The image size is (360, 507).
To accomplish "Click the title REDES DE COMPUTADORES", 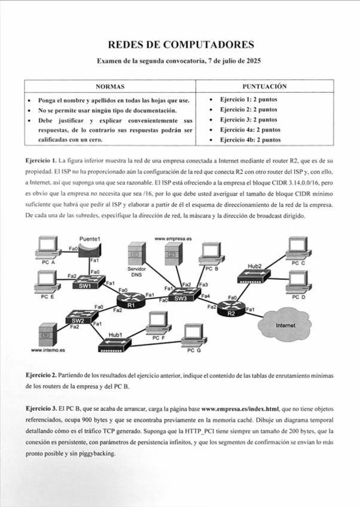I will tap(181, 45).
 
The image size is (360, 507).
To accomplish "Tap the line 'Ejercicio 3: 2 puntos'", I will tap(248, 119).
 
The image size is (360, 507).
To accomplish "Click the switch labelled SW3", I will tap(181, 295).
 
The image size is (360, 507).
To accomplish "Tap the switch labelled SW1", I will tap(85, 283).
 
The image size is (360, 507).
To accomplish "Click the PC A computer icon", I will tap(45, 248).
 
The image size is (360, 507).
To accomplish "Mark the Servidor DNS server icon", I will tap(136, 254).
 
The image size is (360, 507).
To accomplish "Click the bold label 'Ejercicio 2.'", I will tap(41, 375).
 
